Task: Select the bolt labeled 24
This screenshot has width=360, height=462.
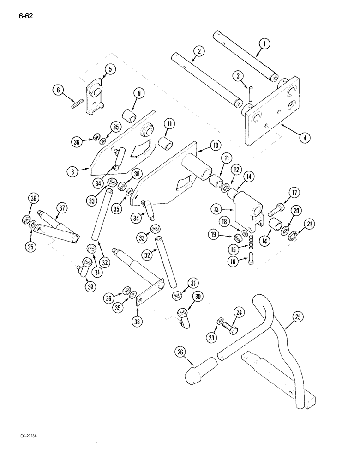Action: click(x=231, y=328)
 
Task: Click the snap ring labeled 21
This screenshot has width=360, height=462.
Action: click(x=293, y=237)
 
